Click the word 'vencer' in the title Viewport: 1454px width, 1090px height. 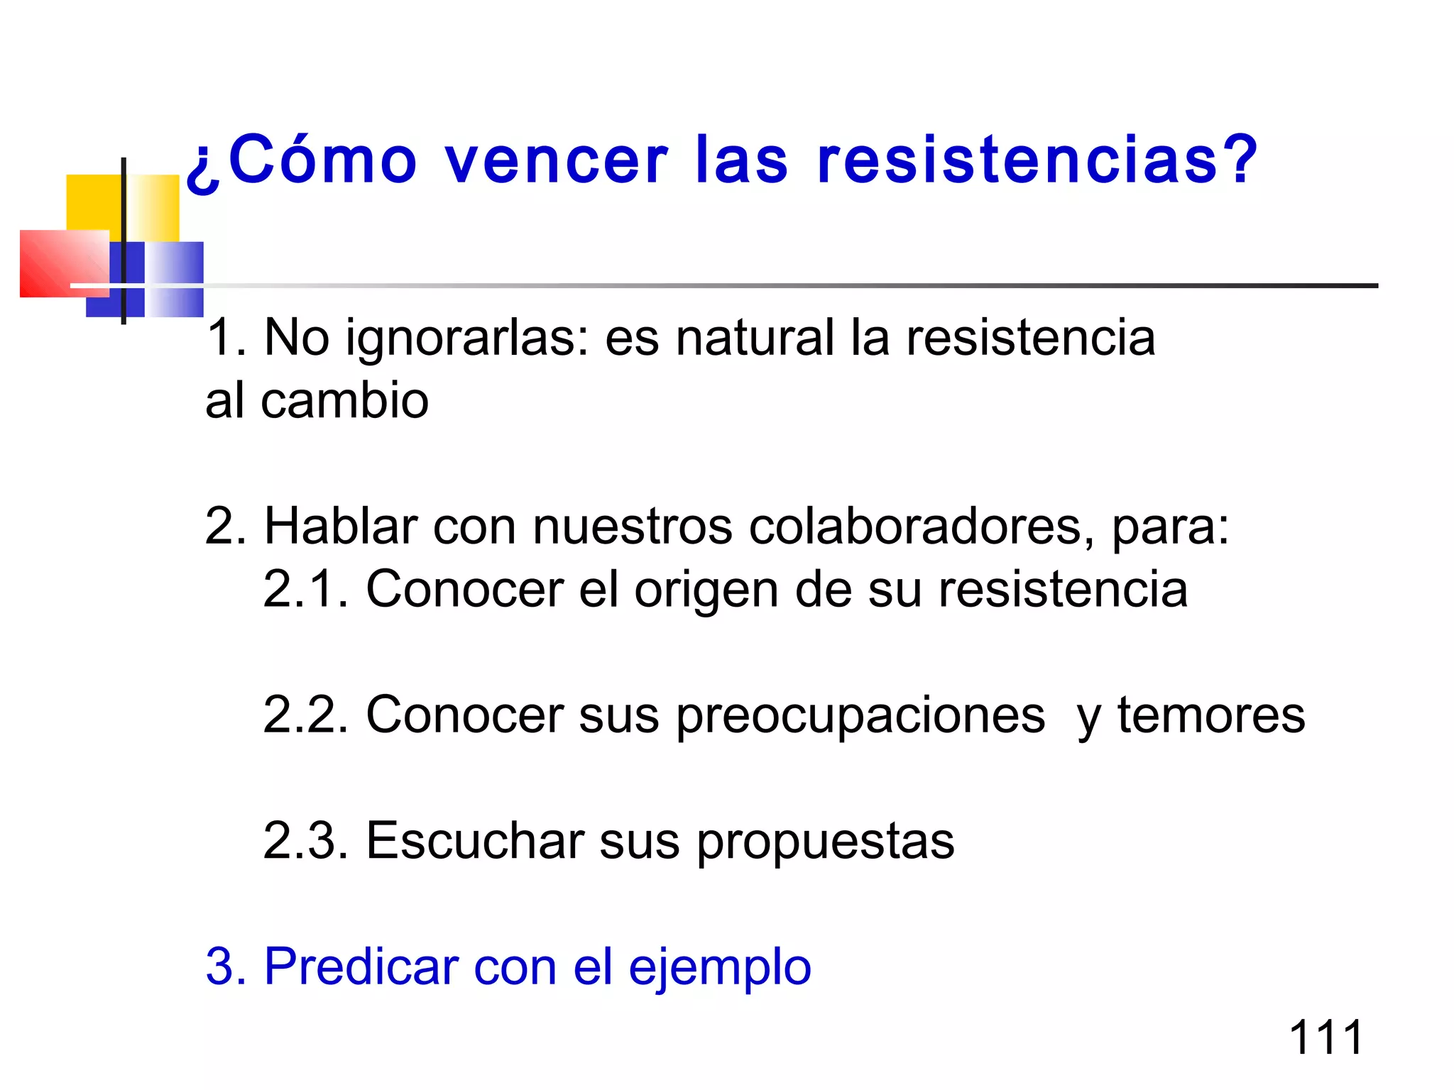click(x=557, y=160)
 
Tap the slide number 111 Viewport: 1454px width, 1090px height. click(x=1325, y=1037)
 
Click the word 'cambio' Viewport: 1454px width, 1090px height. click(x=345, y=401)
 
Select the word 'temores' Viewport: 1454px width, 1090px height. click(x=1211, y=715)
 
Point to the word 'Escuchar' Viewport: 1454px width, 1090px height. click(x=474, y=841)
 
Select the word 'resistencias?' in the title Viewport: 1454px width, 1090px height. click(x=1037, y=160)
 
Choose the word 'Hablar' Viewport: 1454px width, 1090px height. click(x=340, y=527)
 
